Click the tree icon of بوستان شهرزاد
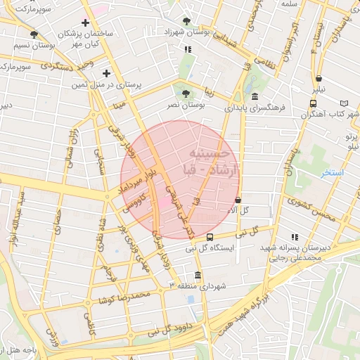[x=186, y=21]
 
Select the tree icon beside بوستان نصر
[x=186, y=93]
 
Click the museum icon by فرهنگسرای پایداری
[x=254, y=97]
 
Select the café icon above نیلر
[x=320, y=79]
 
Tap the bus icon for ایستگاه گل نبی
[x=210, y=236]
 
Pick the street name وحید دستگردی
[x=67, y=67]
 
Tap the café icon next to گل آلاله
[x=238, y=200]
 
